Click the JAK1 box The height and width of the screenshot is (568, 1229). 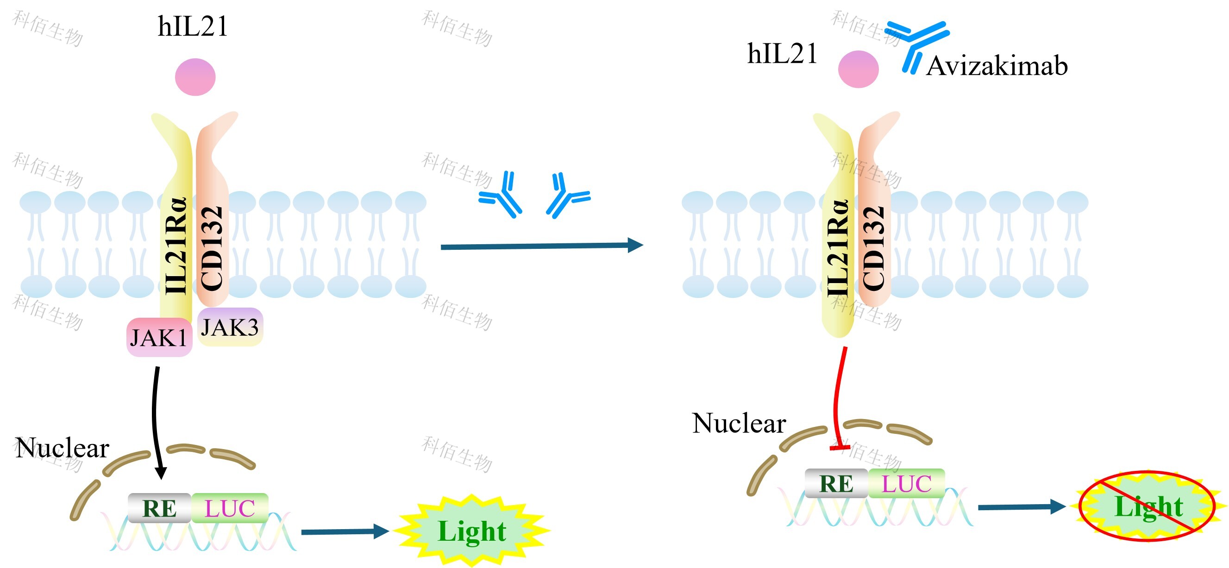pyautogui.click(x=159, y=337)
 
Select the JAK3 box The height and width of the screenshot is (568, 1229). pyautogui.click(x=230, y=327)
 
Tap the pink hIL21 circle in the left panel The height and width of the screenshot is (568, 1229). pyautogui.click(x=195, y=77)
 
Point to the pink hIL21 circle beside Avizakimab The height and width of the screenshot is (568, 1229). pyautogui.click(x=858, y=69)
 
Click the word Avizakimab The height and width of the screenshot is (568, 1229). pyautogui.click(x=996, y=66)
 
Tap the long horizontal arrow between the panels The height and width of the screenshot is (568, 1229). pyautogui.click(x=541, y=246)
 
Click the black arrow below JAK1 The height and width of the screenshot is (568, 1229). pyautogui.click(x=156, y=420)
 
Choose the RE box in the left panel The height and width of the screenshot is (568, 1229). pyautogui.click(x=159, y=508)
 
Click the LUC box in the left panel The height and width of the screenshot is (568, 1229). pyautogui.click(x=230, y=508)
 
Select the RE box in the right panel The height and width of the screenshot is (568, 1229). pyautogui.click(x=836, y=483)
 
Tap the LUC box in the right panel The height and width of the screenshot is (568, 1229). pyautogui.click(x=906, y=483)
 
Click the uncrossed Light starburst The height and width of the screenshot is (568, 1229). pyautogui.click(x=472, y=531)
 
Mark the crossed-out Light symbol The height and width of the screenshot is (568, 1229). pyautogui.click(x=1147, y=506)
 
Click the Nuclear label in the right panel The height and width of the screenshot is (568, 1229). pyautogui.click(x=739, y=423)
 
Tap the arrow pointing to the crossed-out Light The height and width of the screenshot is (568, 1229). pyautogui.click(x=1021, y=507)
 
